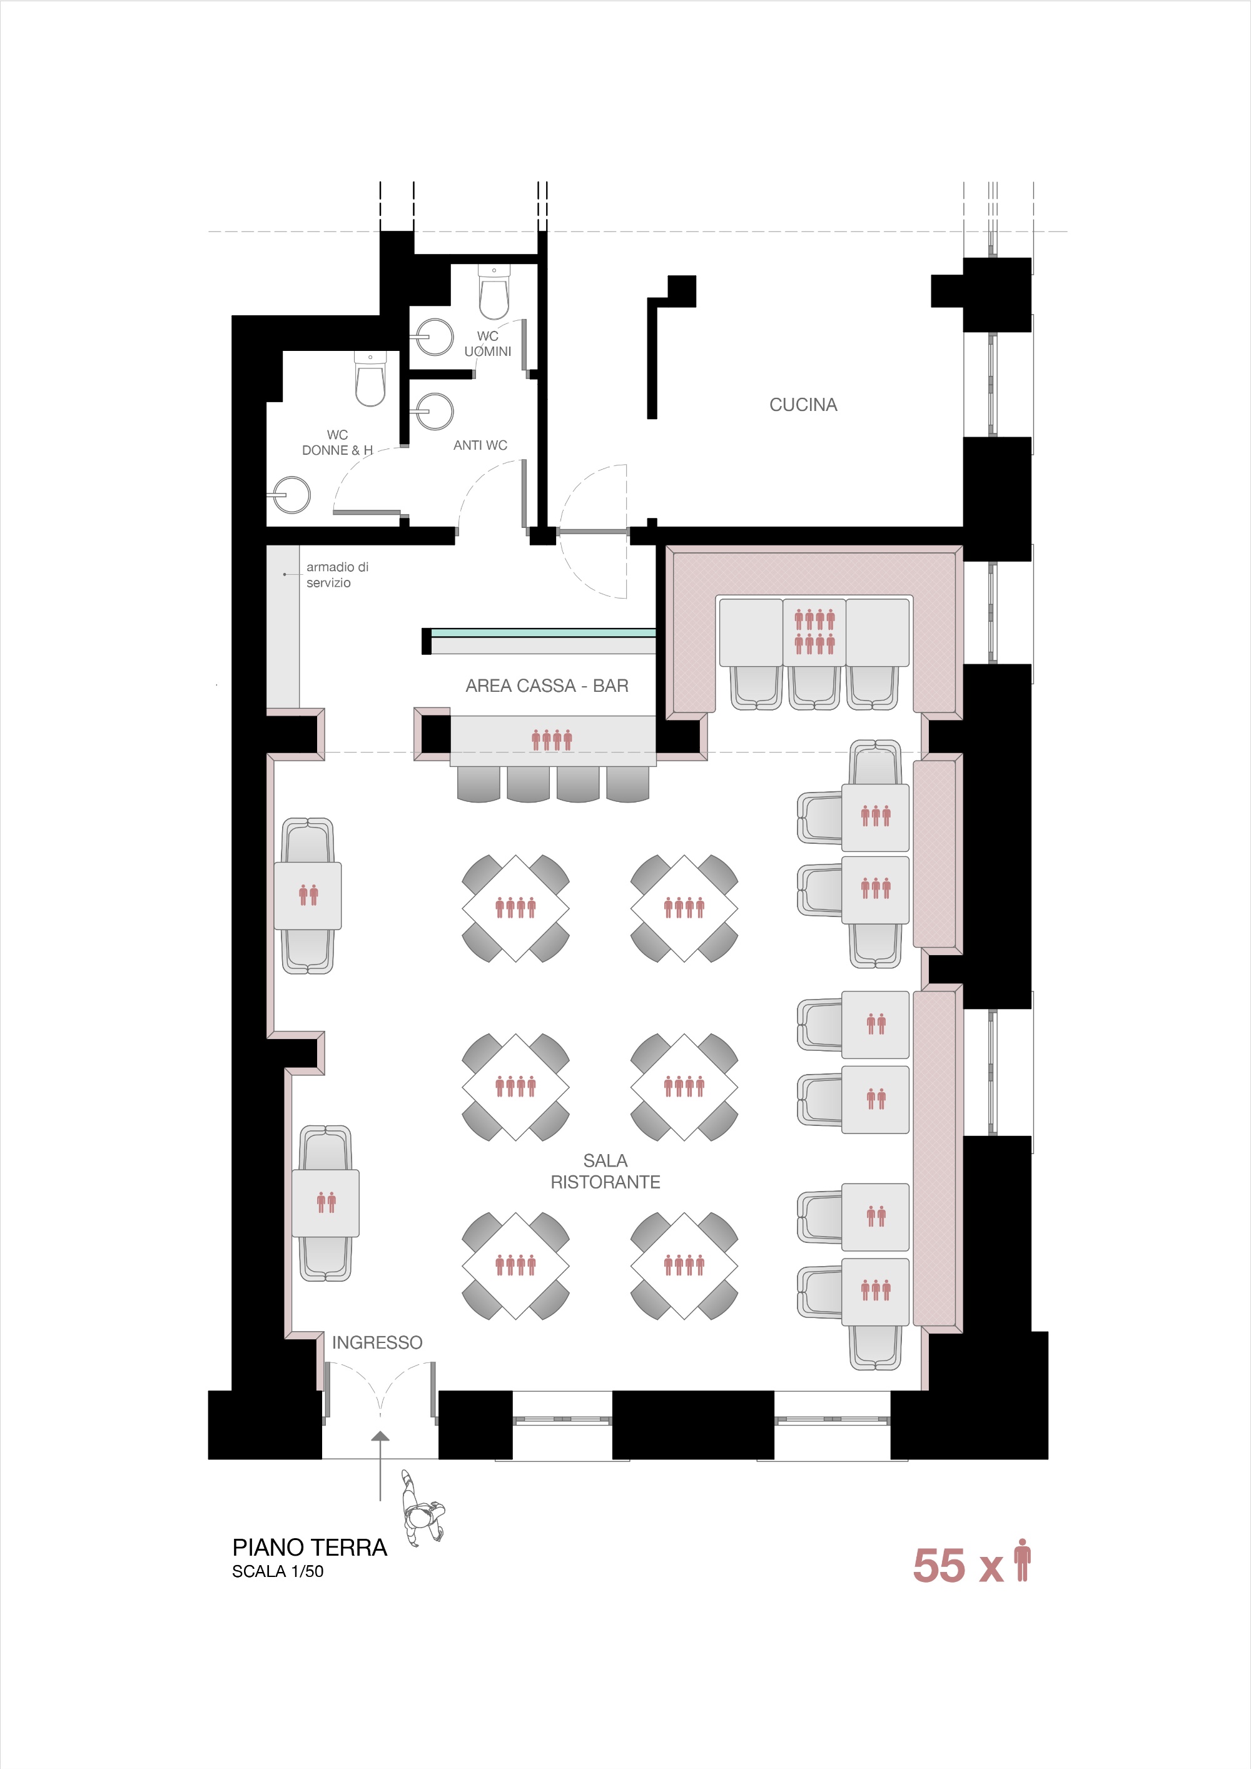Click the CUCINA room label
[x=803, y=405]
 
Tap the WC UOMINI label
[x=488, y=343]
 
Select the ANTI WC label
[x=480, y=445]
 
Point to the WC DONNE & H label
[x=337, y=442]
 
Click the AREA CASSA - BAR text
[x=547, y=686]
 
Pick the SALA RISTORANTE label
[x=605, y=1171]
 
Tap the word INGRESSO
[x=377, y=1343]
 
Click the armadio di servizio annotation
[x=337, y=575]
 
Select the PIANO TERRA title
[x=310, y=1548]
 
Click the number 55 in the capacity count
[x=938, y=1566]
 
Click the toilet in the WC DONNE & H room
[x=370, y=378]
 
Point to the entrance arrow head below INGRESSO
[x=380, y=1436]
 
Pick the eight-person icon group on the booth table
[x=814, y=632]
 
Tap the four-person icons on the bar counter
[x=552, y=741]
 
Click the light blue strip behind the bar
[x=543, y=632]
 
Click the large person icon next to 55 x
[x=1022, y=1560]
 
